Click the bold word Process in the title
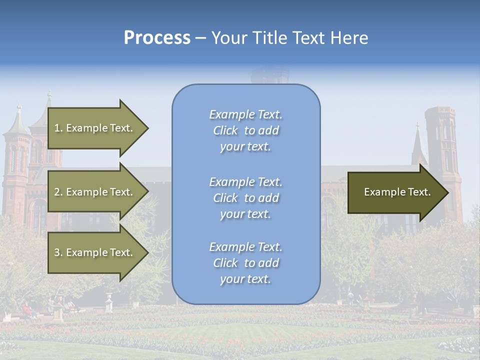(x=157, y=38)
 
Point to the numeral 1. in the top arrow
(x=58, y=128)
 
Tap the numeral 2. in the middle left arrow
(x=58, y=192)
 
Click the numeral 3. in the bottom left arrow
(x=58, y=252)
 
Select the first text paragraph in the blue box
(x=245, y=130)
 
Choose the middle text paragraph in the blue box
(x=245, y=198)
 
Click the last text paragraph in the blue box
(x=245, y=263)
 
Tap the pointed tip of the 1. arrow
(x=147, y=128)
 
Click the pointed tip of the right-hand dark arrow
(x=447, y=192)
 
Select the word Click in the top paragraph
(x=225, y=130)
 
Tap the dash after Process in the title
(x=200, y=38)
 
